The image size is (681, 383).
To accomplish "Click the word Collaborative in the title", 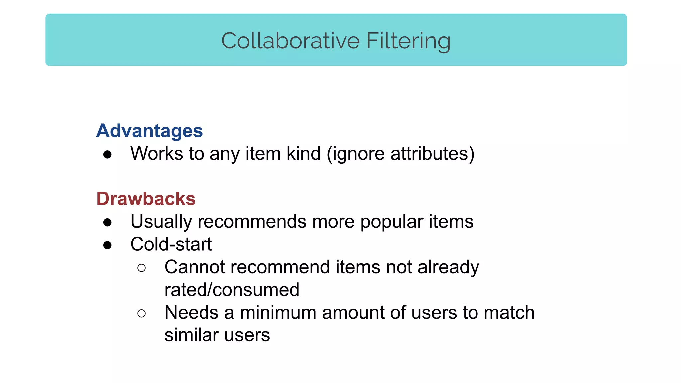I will (x=291, y=41).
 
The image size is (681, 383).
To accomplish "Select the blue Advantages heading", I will (x=149, y=131).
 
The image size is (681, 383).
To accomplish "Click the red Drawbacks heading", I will (x=146, y=199).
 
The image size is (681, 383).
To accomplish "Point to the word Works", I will (x=157, y=154).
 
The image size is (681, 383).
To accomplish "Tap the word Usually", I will (x=161, y=222).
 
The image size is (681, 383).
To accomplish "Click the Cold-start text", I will (x=171, y=244).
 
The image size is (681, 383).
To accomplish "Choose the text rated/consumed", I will (x=232, y=290).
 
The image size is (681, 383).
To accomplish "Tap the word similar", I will (x=191, y=335).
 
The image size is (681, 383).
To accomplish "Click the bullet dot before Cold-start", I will (x=107, y=245).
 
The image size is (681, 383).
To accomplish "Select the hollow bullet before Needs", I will (x=141, y=313).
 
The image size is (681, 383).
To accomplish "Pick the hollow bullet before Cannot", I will (x=141, y=268).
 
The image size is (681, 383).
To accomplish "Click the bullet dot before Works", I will (x=107, y=155).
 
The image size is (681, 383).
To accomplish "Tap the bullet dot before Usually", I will (x=107, y=223).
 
